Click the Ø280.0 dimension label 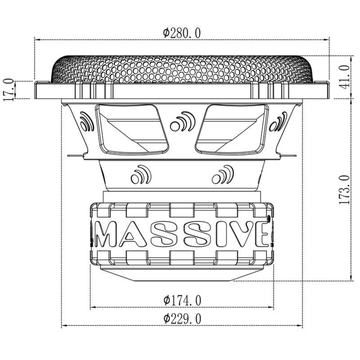pos(182,32)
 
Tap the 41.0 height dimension pos(344,76)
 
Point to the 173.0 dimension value pos(344,190)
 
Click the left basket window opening pos(133,129)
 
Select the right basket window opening pos(230,129)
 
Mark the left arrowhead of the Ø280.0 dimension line pos(37,39)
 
